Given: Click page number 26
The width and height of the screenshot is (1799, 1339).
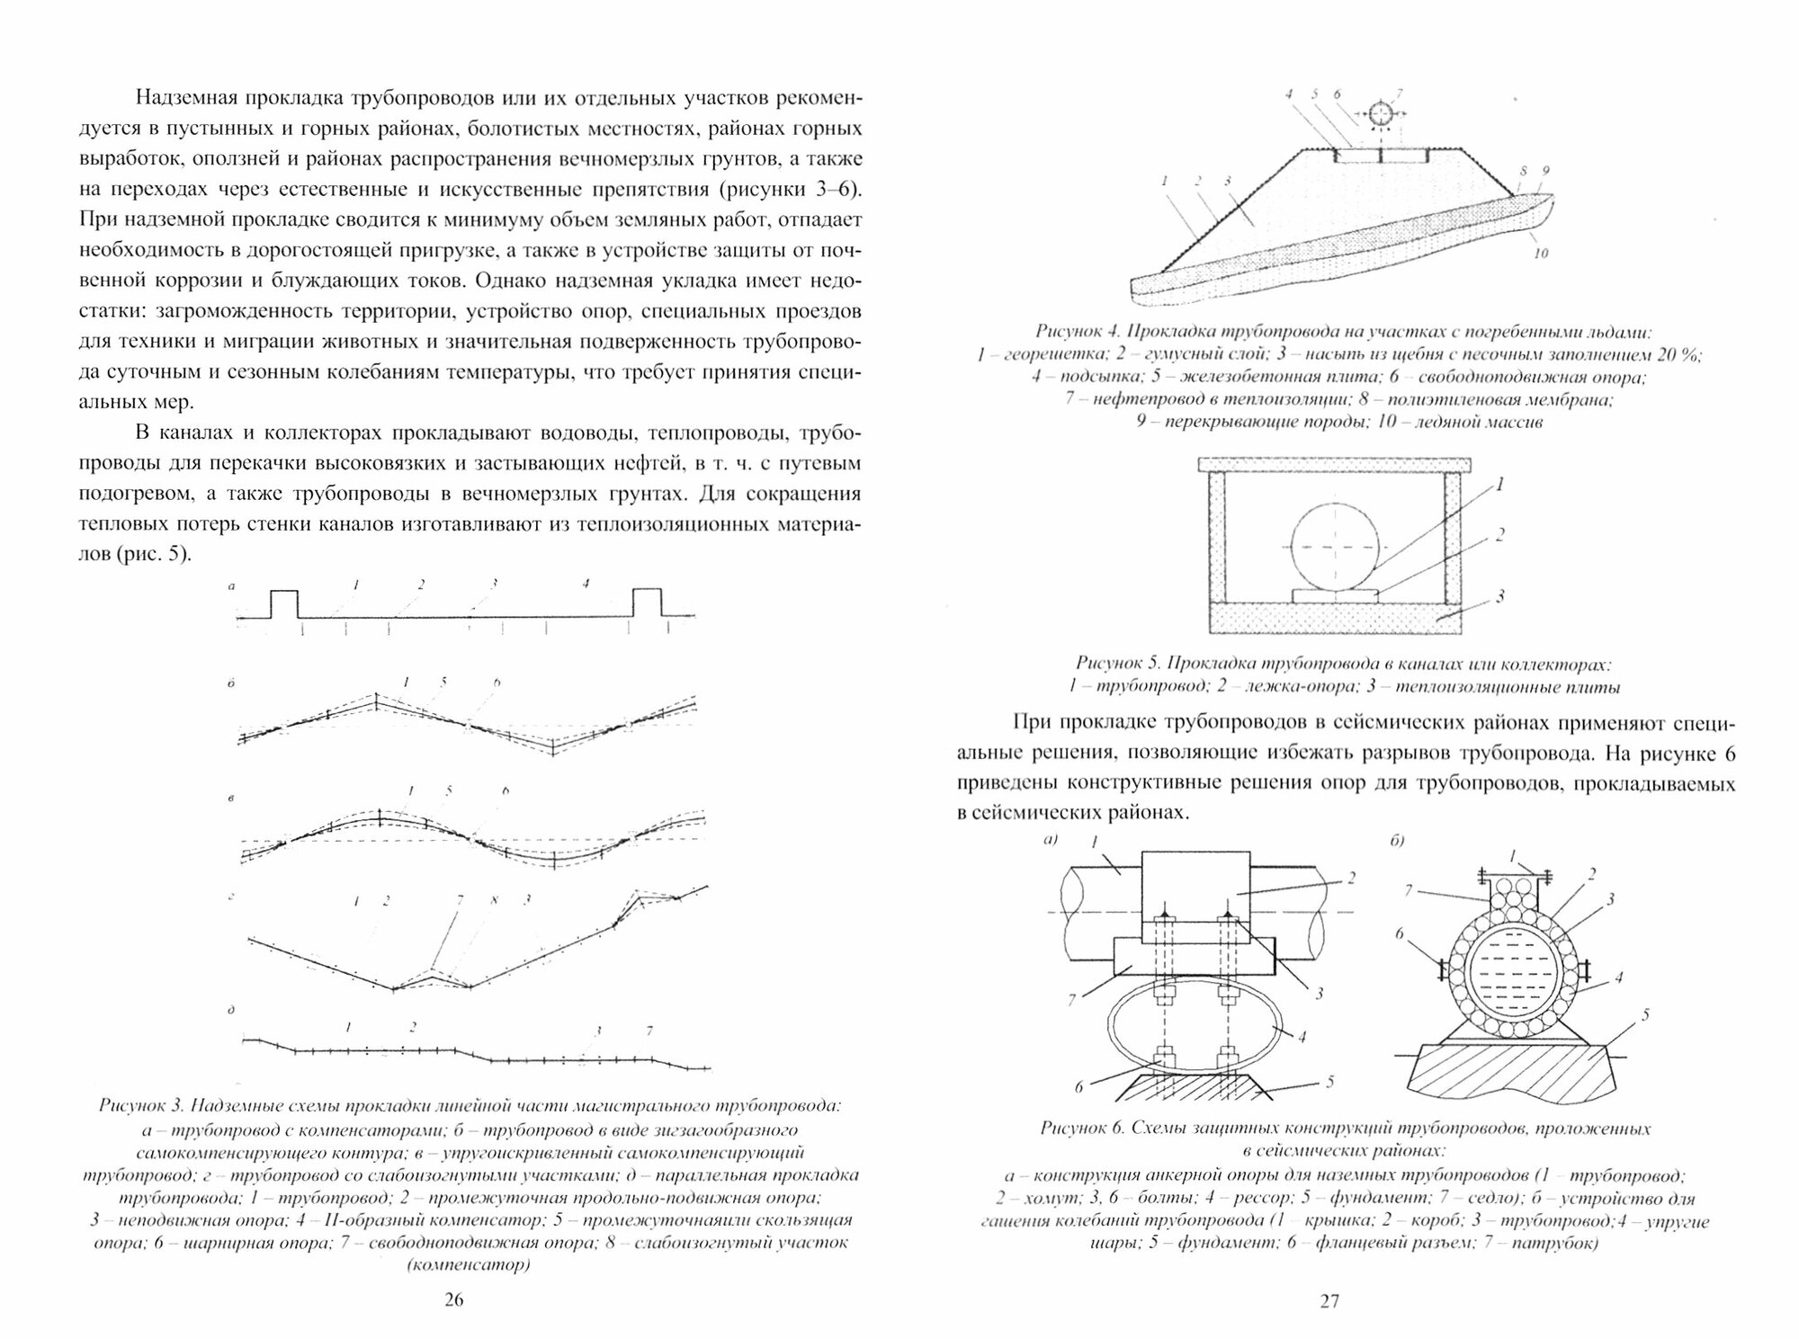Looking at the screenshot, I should click(x=454, y=1300).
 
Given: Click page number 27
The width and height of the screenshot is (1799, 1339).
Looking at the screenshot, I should click(x=1329, y=1300).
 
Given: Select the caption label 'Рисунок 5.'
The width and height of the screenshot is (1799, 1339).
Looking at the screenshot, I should click(x=1116, y=665).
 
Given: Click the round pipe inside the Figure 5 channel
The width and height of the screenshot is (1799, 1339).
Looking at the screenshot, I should click(x=1334, y=546).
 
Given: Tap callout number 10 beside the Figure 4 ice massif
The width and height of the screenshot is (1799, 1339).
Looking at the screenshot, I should click(x=1541, y=254).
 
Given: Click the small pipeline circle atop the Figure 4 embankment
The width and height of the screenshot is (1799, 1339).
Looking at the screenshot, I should click(x=1380, y=114).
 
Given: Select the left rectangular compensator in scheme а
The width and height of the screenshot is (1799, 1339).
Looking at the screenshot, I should click(x=284, y=602).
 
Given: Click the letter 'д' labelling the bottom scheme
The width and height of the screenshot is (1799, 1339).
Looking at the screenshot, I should click(x=231, y=1010).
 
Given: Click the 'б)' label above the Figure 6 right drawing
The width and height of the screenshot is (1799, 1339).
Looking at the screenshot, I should click(x=1397, y=841).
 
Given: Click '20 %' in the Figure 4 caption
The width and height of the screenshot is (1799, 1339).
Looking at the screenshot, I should click(x=1678, y=353).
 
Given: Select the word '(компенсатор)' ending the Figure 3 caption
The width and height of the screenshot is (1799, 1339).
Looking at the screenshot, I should click(x=469, y=1265).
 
